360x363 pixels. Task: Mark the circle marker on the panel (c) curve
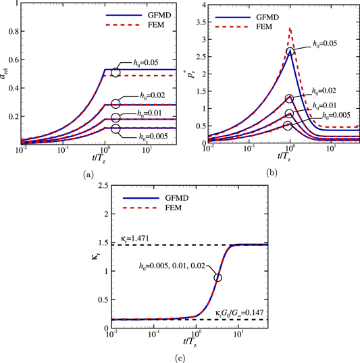[x=217, y=277]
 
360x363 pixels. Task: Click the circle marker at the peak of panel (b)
[x=290, y=51]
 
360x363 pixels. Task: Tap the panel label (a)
[x=88, y=174]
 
